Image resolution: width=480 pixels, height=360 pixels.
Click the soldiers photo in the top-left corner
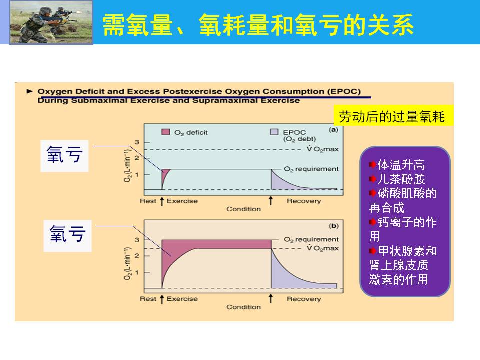pos(51,22)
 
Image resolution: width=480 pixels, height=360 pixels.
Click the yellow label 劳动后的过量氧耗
pos(392,116)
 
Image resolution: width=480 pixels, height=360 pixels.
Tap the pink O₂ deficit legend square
pos(165,132)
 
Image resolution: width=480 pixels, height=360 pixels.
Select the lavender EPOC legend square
pos(274,132)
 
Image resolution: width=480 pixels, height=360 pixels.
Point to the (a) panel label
pos(333,130)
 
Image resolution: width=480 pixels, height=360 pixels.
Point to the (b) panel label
pos(333,226)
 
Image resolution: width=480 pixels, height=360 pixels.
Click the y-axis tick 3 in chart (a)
pos(137,142)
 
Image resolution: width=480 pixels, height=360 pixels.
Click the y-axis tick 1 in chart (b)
pos(137,272)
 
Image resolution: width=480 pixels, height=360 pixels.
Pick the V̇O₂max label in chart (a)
pos(323,149)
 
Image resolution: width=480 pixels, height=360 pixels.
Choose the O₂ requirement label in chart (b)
pos(311,239)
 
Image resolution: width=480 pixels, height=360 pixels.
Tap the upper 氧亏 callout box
pos(64,156)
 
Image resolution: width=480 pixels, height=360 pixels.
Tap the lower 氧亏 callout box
pos(67,236)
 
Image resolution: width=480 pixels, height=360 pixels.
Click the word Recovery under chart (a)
pos(304,201)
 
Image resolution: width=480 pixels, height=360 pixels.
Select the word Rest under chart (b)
pos(148,299)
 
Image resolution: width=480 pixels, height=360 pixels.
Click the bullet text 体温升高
pos(401,164)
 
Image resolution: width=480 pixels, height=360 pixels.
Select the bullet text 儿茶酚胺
pos(401,179)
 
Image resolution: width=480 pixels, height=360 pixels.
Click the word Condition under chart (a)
pos(243,209)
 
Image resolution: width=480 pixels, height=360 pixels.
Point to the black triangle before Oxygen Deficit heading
pos(29,91)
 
